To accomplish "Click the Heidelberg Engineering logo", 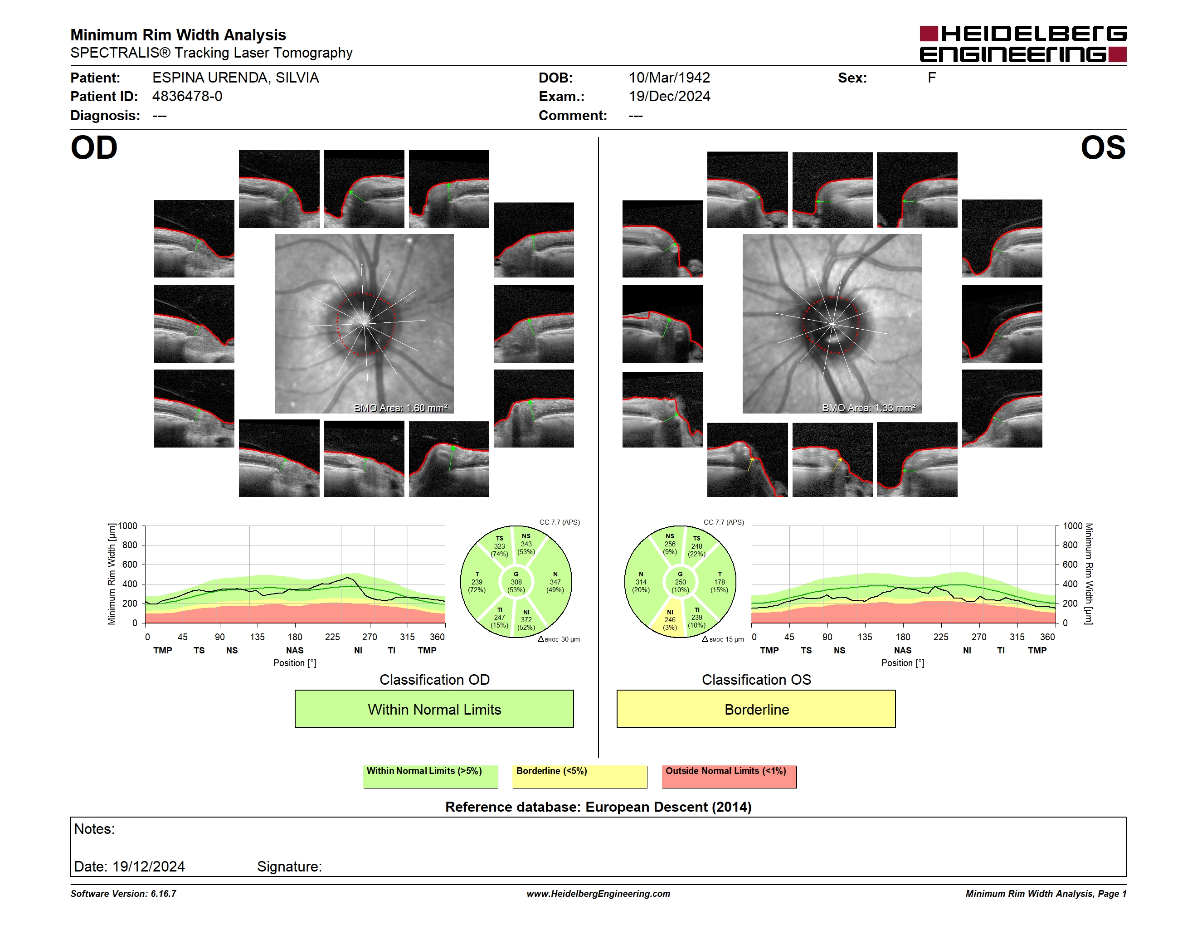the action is (1023, 44).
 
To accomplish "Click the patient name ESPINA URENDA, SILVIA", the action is (236, 78).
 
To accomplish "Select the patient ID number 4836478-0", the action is (187, 97).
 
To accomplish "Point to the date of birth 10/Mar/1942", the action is (669, 78).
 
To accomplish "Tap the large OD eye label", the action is (94, 148).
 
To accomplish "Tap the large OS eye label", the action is (1103, 148).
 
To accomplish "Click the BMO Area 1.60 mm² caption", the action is (401, 408).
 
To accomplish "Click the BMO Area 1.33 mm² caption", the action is (869, 408).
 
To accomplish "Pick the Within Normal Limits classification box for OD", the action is (434, 709).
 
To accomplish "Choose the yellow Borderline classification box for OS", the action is (756, 709).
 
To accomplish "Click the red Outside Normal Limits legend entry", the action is (729, 776).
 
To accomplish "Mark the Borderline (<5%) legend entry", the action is (579, 776).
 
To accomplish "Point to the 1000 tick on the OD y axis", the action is (128, 526).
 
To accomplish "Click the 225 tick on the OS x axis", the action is (940, 637).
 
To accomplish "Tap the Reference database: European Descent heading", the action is (598, 807).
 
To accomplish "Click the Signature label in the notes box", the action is (289, 867).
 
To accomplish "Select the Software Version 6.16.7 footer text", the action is (123, 894).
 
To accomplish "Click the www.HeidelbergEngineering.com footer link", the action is (598, 894).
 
